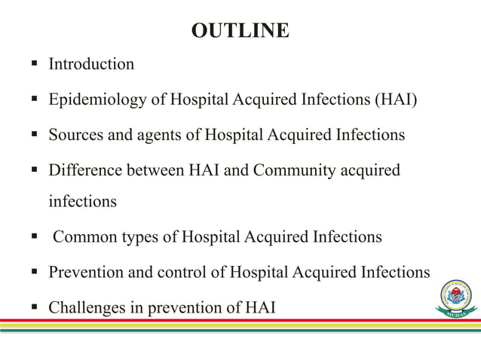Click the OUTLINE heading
pyautogui.click(x=240, y=31)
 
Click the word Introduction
pyautogui.click(x=91, y=64)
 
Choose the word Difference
pyautogui.click(x=84, y=171)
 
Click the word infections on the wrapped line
pyautogui.click(x=83, y=202)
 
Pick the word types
pyautogui.click(x=136, y=237)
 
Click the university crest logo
pyautogui.click(x=455, y=298)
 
